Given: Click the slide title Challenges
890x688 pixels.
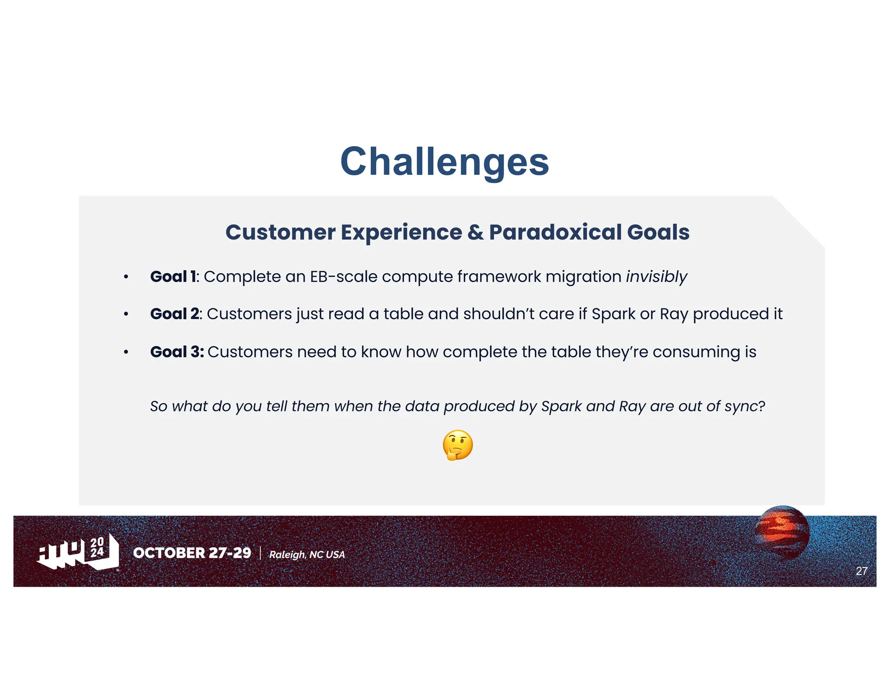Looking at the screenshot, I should (x=445, y=162).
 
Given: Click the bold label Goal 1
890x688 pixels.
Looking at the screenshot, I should (x=173, y=277).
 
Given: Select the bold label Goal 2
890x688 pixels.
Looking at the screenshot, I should (x=175, y=314).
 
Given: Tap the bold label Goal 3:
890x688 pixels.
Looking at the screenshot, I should (x=177, y=352).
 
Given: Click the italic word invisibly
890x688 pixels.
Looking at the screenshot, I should (x=656, y=277).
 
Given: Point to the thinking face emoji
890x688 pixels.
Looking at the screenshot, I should (x=458, y=445).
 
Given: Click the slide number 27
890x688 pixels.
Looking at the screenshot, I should (x=861, y=571).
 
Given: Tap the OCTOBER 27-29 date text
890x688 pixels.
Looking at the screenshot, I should (x=192, y=553).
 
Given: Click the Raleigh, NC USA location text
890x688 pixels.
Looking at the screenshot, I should (x=307, y=554).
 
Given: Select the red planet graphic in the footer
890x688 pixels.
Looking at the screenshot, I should (x=782, y=531).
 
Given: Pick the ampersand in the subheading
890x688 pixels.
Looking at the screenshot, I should (x=475, y=232).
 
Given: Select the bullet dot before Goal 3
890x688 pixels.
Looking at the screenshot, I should (x=126, y=352).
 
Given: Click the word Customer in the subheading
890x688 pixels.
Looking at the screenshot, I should (x=280, y=232).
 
